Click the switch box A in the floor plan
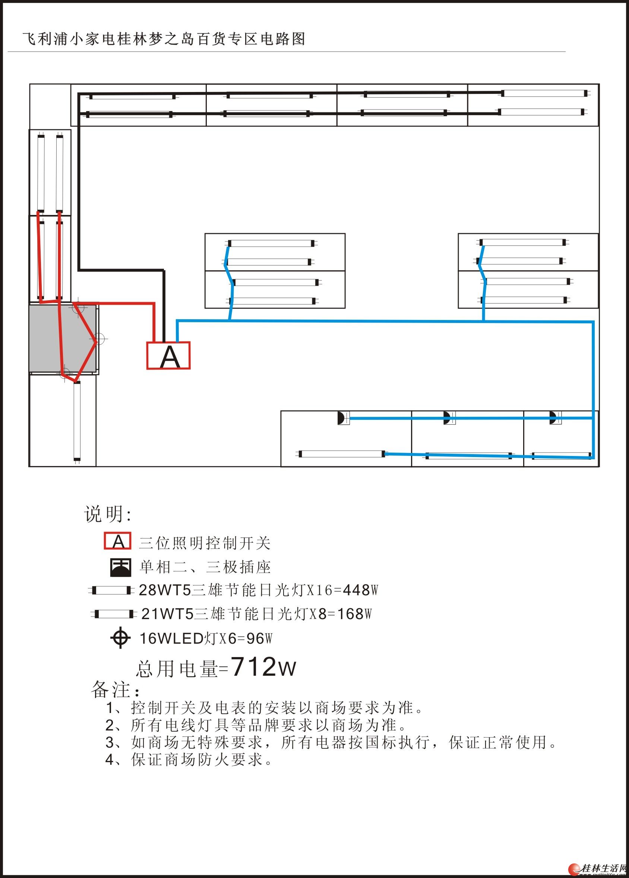168,355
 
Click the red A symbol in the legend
118,542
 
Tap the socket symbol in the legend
120,567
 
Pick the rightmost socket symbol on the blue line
554,418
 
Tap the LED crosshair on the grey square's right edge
99,339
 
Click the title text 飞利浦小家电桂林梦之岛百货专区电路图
164,39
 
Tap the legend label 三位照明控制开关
205,543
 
